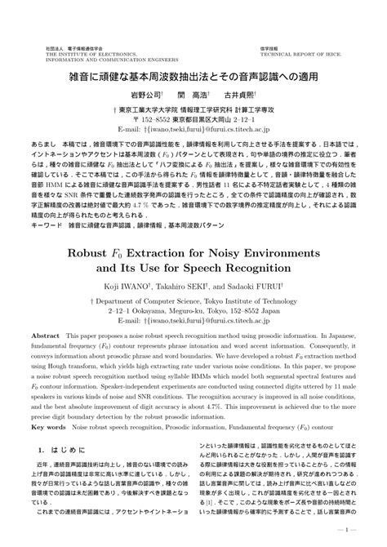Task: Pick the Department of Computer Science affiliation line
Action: point(193,301)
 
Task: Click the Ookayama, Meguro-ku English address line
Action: point(193,310)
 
